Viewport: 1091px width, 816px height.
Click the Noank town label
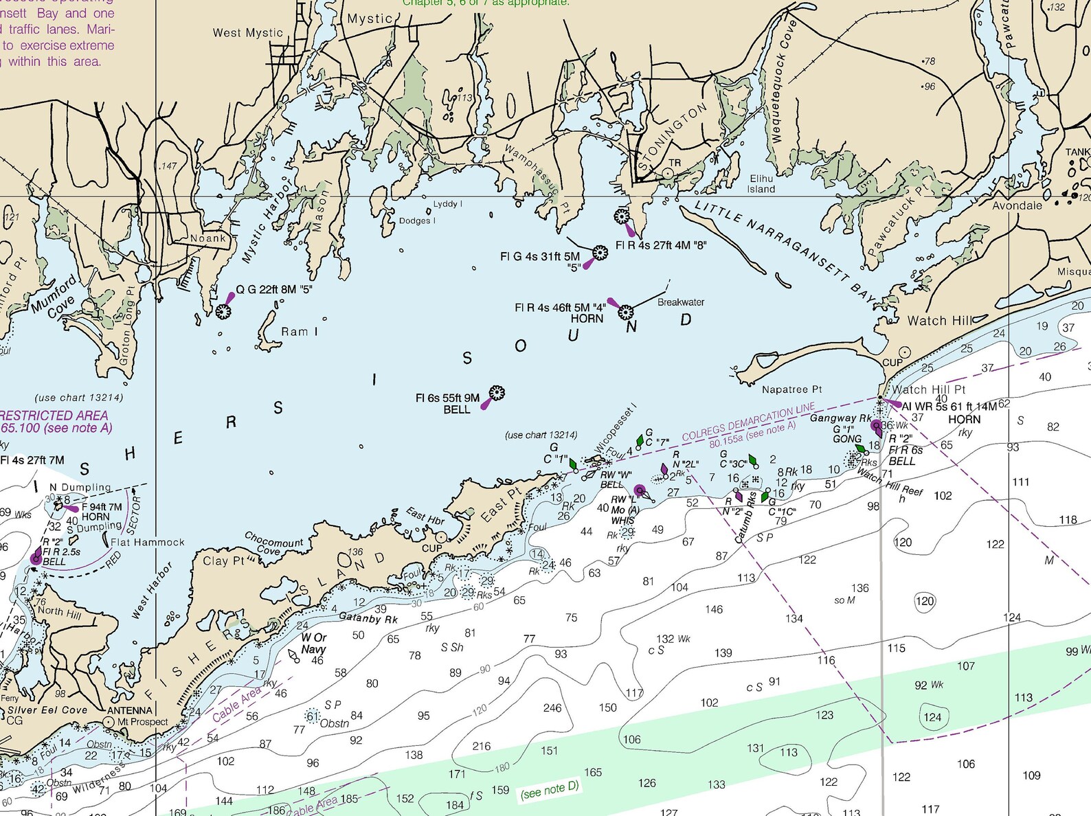(x=208, y=238)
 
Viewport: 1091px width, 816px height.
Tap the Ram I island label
(x=300, y=332)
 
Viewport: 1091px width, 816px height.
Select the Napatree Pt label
(x=791, y=389)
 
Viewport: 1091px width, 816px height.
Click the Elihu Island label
(x=761, y=184)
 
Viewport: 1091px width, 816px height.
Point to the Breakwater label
(x=680, y=302)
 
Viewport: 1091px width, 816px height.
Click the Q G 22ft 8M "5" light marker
(x=223, y=311)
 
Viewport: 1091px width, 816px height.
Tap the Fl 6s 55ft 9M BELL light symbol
(x=497, y=394)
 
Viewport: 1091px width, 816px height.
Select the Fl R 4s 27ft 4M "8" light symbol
(x=622, y=217)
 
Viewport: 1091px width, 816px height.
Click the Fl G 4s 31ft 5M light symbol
(x=600, y=253)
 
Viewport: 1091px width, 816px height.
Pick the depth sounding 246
(x=552, y=707)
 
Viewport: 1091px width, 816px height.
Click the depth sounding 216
(x=481, y=746)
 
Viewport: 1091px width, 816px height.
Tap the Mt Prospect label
(x=142, y=722)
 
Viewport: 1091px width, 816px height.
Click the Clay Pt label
(x=223, y=560)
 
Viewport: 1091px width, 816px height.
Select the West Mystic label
(x=247, y=32)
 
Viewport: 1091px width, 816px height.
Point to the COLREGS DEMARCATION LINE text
(x=748, y=421)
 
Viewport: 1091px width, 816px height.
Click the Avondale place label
(x=1017, y=205)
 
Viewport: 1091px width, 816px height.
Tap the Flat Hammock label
(x=148, y=542)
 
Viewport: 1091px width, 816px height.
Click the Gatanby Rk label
(x=368, y=618)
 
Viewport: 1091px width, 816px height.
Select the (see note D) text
(x=550, y=790)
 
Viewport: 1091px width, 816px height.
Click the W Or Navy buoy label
(x=313, y=643)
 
